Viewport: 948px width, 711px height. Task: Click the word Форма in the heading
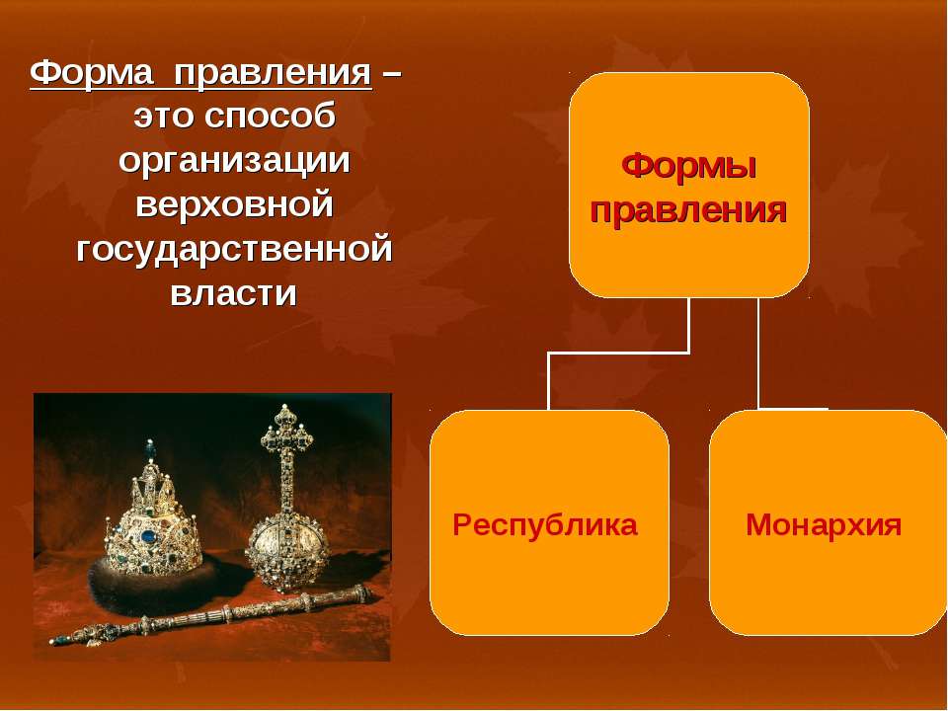click(92, 74)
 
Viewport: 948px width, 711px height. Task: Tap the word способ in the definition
click(270, 117)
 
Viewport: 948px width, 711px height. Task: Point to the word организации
click(235, 160)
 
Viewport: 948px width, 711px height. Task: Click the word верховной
click(235, 203)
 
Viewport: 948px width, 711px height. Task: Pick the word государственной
click(235, 249)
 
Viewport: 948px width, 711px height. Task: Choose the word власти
click(233, 294)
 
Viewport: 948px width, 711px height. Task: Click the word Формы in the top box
click(688, 166)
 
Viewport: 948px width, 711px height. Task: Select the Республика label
click(545, 524)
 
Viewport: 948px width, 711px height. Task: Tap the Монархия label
click(824, 524)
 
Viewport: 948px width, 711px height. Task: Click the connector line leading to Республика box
click(618, 353)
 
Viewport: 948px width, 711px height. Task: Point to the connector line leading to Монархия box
click(758, 354)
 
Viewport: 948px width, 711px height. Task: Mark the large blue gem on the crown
click(147, 535)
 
